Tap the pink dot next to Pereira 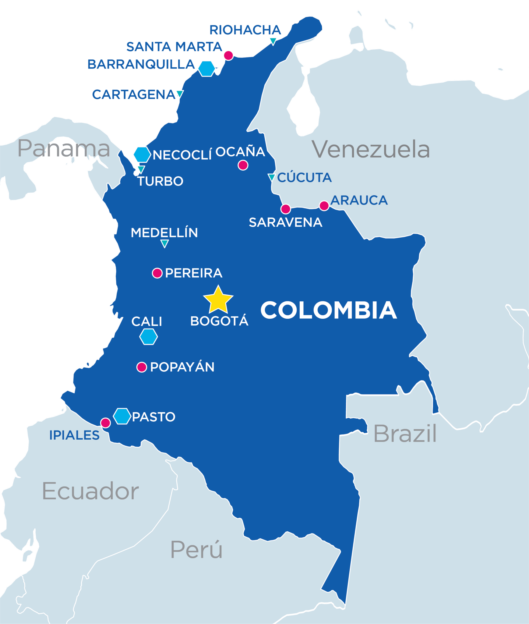point(157,273)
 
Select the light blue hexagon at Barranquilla point(206,69)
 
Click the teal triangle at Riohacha point(273,41)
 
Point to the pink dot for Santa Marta point(228,55)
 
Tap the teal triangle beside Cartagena point(180,94)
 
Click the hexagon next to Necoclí point(142,154)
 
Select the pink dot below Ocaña point(243,165)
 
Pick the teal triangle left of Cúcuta point(272,177)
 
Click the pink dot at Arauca point(324,206)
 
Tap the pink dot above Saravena point(285,209)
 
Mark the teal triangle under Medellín point(164,243)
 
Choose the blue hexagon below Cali point(149,337)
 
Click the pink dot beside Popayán point(142,367)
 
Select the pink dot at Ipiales point(105,423)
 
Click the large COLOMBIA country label point(329,310)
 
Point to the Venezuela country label point(371,150)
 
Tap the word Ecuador point(90,491)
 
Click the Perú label point(196,550)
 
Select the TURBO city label point(160,181)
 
